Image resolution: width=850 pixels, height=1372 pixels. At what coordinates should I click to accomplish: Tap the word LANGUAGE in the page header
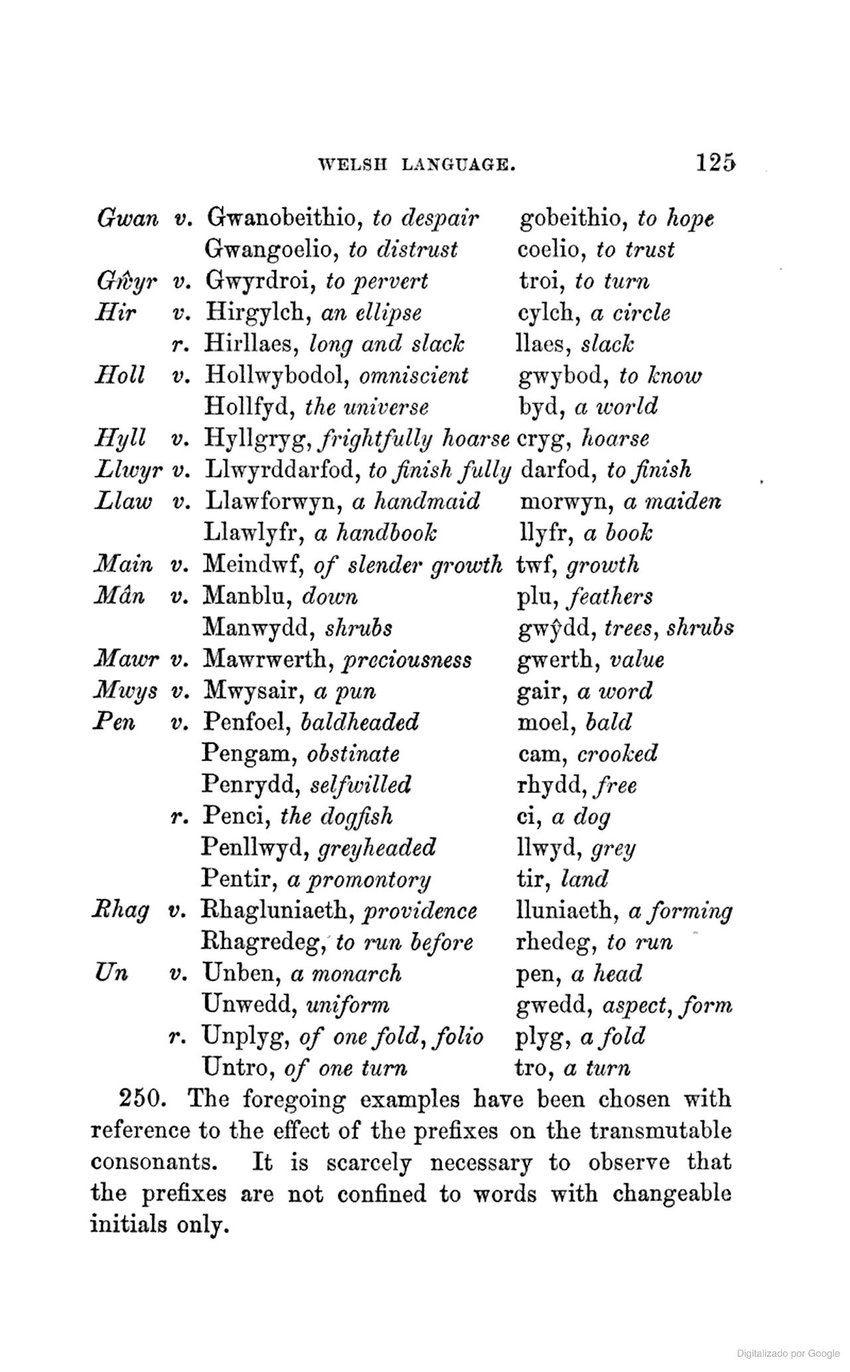point(459,164)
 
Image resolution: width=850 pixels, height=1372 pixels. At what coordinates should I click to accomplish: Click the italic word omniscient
point(414,375)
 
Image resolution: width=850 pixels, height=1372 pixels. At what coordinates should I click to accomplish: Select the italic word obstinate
point(353,754)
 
